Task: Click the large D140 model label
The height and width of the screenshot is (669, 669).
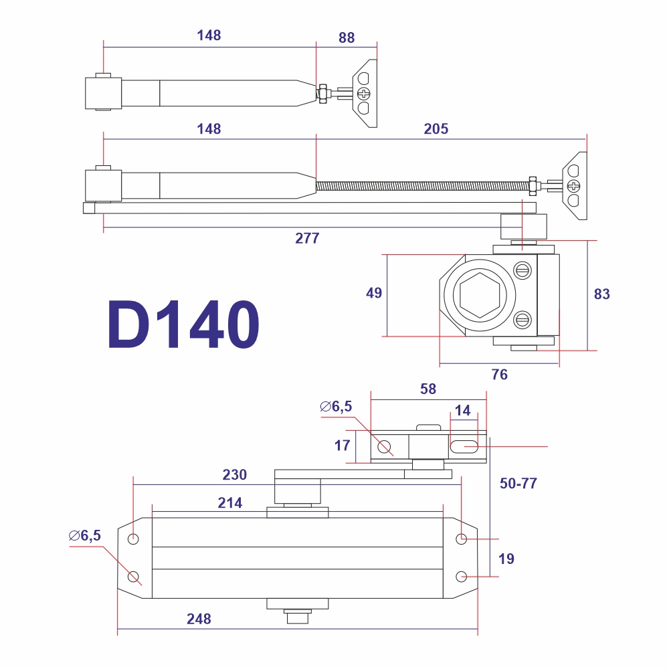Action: [x=183, y=324]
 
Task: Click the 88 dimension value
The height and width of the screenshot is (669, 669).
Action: [x=347, y=37]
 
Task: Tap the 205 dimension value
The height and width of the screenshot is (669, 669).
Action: [x=436, y=128]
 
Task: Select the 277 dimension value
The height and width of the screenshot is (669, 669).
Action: [x=307, y=237]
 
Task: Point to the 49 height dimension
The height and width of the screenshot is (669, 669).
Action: [x=374, y=293]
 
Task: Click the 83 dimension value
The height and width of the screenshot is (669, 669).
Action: [x=601, y=294]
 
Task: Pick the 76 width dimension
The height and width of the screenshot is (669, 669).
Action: [x=499, y=374]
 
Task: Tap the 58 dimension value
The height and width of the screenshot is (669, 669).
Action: [x=428, y=389]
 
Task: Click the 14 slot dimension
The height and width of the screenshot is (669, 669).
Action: [x=462, y=410]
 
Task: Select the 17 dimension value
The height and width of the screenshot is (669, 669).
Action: [x=342, y=446]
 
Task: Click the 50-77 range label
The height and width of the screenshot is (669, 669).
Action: [x=518, y=483]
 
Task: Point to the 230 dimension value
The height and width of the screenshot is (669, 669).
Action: [x=234, y=474]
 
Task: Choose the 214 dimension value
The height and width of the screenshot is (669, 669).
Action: [x=229, y=502]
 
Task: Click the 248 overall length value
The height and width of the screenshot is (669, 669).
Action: [x=199, y=619]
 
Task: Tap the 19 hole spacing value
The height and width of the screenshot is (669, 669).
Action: [x=506, y=559]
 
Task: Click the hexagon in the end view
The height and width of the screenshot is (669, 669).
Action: [x=480, y=295]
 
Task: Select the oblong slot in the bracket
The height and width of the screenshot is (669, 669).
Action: [x=464, y=447]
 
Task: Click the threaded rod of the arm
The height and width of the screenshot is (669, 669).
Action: [x=422, y=186]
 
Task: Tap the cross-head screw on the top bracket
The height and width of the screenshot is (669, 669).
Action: [x=363, y=93]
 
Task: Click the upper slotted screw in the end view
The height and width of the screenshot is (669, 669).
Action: [x=522, y=270]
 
